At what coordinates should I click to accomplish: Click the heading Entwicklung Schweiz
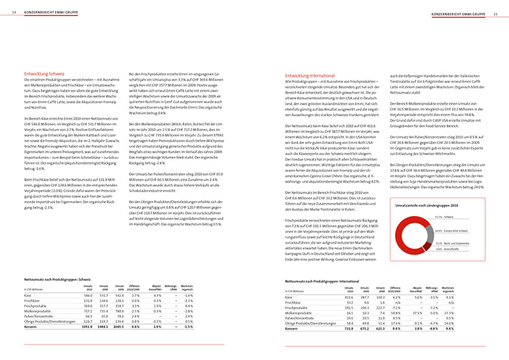tap(45, 73)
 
